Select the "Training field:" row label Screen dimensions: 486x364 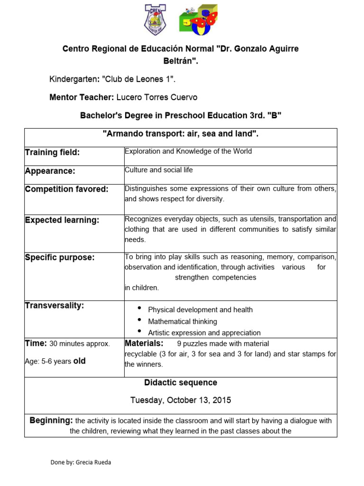52,152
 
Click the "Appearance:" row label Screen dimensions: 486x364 50,171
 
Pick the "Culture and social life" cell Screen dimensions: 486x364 158,170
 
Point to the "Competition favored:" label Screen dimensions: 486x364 66,189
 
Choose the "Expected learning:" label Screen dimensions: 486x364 62,220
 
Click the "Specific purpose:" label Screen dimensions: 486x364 60,257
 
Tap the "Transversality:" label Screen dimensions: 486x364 54,305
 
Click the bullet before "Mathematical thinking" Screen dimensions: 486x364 140,320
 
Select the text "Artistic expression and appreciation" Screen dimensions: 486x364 204,333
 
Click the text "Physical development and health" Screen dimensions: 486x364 200,310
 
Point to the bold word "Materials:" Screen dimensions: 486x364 144,343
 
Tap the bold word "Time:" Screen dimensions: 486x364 36,343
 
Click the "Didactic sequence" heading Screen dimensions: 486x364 181,383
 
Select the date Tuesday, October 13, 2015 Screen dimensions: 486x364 181,400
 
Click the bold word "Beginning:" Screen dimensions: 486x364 51,421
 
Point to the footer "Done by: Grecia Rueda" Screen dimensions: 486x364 81,462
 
